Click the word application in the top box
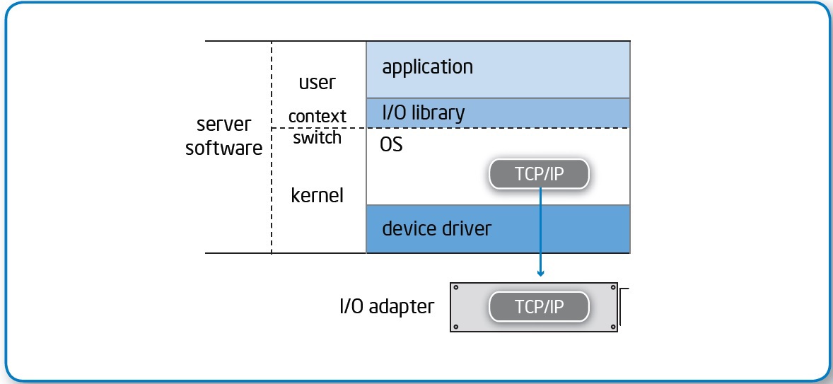point(427,67)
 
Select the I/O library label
point(423,112)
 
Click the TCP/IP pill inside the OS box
point(539,173)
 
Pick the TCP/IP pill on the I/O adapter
point(539,307)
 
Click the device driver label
point(436,228)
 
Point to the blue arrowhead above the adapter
point(540,272)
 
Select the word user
point(317,82)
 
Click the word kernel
point(317,194)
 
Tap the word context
point(317,115)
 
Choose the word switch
point(317,137)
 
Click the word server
point(223,124)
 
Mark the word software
point(223,149)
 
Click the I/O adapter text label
point(386,307)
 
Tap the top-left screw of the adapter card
point(456,288)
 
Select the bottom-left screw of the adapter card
point(456,326)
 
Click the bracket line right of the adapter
point(621,306)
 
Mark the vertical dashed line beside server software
point(272,177)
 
